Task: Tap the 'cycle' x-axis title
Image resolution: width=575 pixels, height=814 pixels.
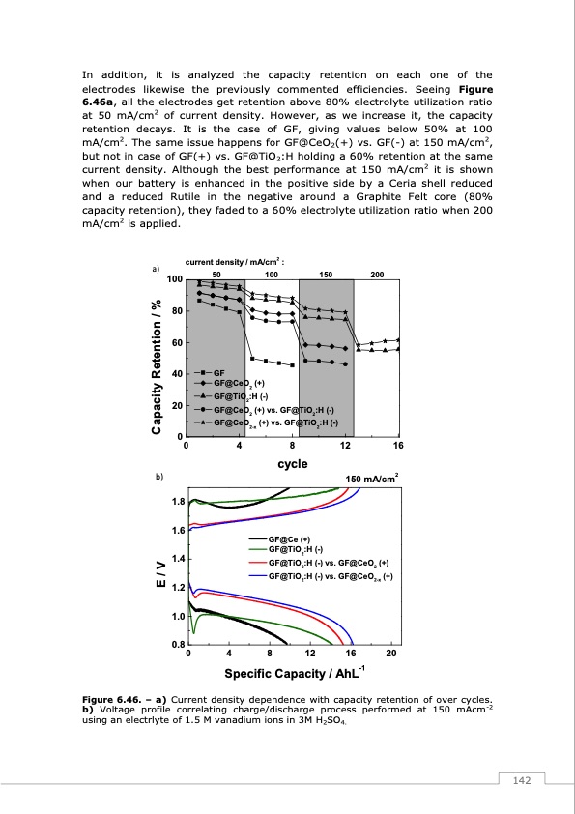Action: tap(293, 463)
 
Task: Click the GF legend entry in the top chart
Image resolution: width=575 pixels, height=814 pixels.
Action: tap(218, 372)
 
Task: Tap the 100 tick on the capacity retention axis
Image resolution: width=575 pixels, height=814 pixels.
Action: tap(174, 280)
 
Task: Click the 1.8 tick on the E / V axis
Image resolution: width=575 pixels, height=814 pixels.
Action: tap(178, 502)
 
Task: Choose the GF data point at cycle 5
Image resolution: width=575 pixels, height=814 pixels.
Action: tap(252, 359)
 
